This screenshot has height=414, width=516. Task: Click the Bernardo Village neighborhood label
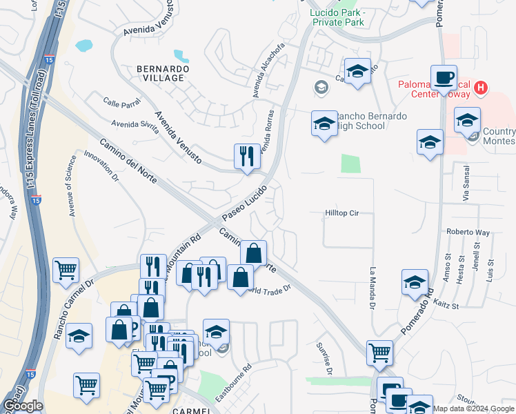coord(159,72)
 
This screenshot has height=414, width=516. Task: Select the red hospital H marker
coord(482,88)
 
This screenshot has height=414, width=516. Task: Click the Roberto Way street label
coord(468,233)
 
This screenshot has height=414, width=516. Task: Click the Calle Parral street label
coord(121,103)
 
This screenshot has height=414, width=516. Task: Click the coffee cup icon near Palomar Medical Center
coord(443,77)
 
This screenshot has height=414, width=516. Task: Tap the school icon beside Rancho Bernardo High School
coord(324,124)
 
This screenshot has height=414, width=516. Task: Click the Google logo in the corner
coord(23,406)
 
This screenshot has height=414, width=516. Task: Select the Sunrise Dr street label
coord(326,359)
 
